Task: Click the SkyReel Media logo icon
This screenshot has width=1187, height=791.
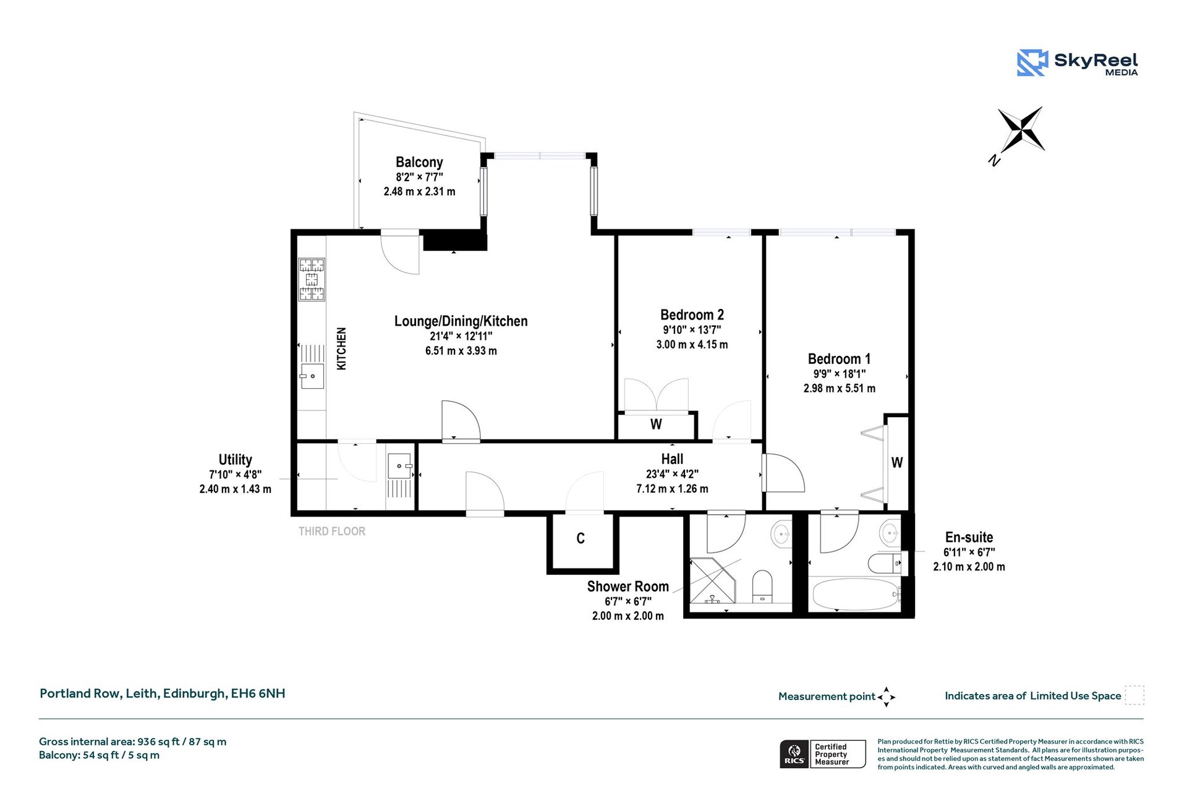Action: tap(1032, 62)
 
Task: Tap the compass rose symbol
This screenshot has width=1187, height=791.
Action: tap(1021, 130)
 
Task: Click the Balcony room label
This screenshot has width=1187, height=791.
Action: tap(419, 163)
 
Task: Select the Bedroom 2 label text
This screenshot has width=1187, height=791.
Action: tap(692, 315)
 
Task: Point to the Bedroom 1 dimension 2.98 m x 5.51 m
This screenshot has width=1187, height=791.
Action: tap(839, 389)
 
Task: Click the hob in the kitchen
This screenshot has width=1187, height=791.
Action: tap(312, 279)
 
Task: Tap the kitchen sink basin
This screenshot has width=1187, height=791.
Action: tap(312, 376)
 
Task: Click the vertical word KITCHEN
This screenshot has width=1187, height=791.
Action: tap(341, 349)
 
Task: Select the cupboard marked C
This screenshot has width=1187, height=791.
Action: tap(581, 539)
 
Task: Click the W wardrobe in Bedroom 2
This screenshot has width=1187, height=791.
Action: tap(656, 425)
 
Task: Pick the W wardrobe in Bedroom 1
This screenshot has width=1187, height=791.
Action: tap(897, 462)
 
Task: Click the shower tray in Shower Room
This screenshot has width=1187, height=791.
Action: tap(712, 581)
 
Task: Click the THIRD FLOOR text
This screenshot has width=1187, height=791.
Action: tap(332, 531)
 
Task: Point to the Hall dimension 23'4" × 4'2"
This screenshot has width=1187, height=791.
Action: tap(672, 475)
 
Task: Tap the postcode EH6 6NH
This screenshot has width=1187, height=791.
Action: tap(258, 693)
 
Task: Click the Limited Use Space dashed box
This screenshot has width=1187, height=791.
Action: tap(1134, 695)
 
